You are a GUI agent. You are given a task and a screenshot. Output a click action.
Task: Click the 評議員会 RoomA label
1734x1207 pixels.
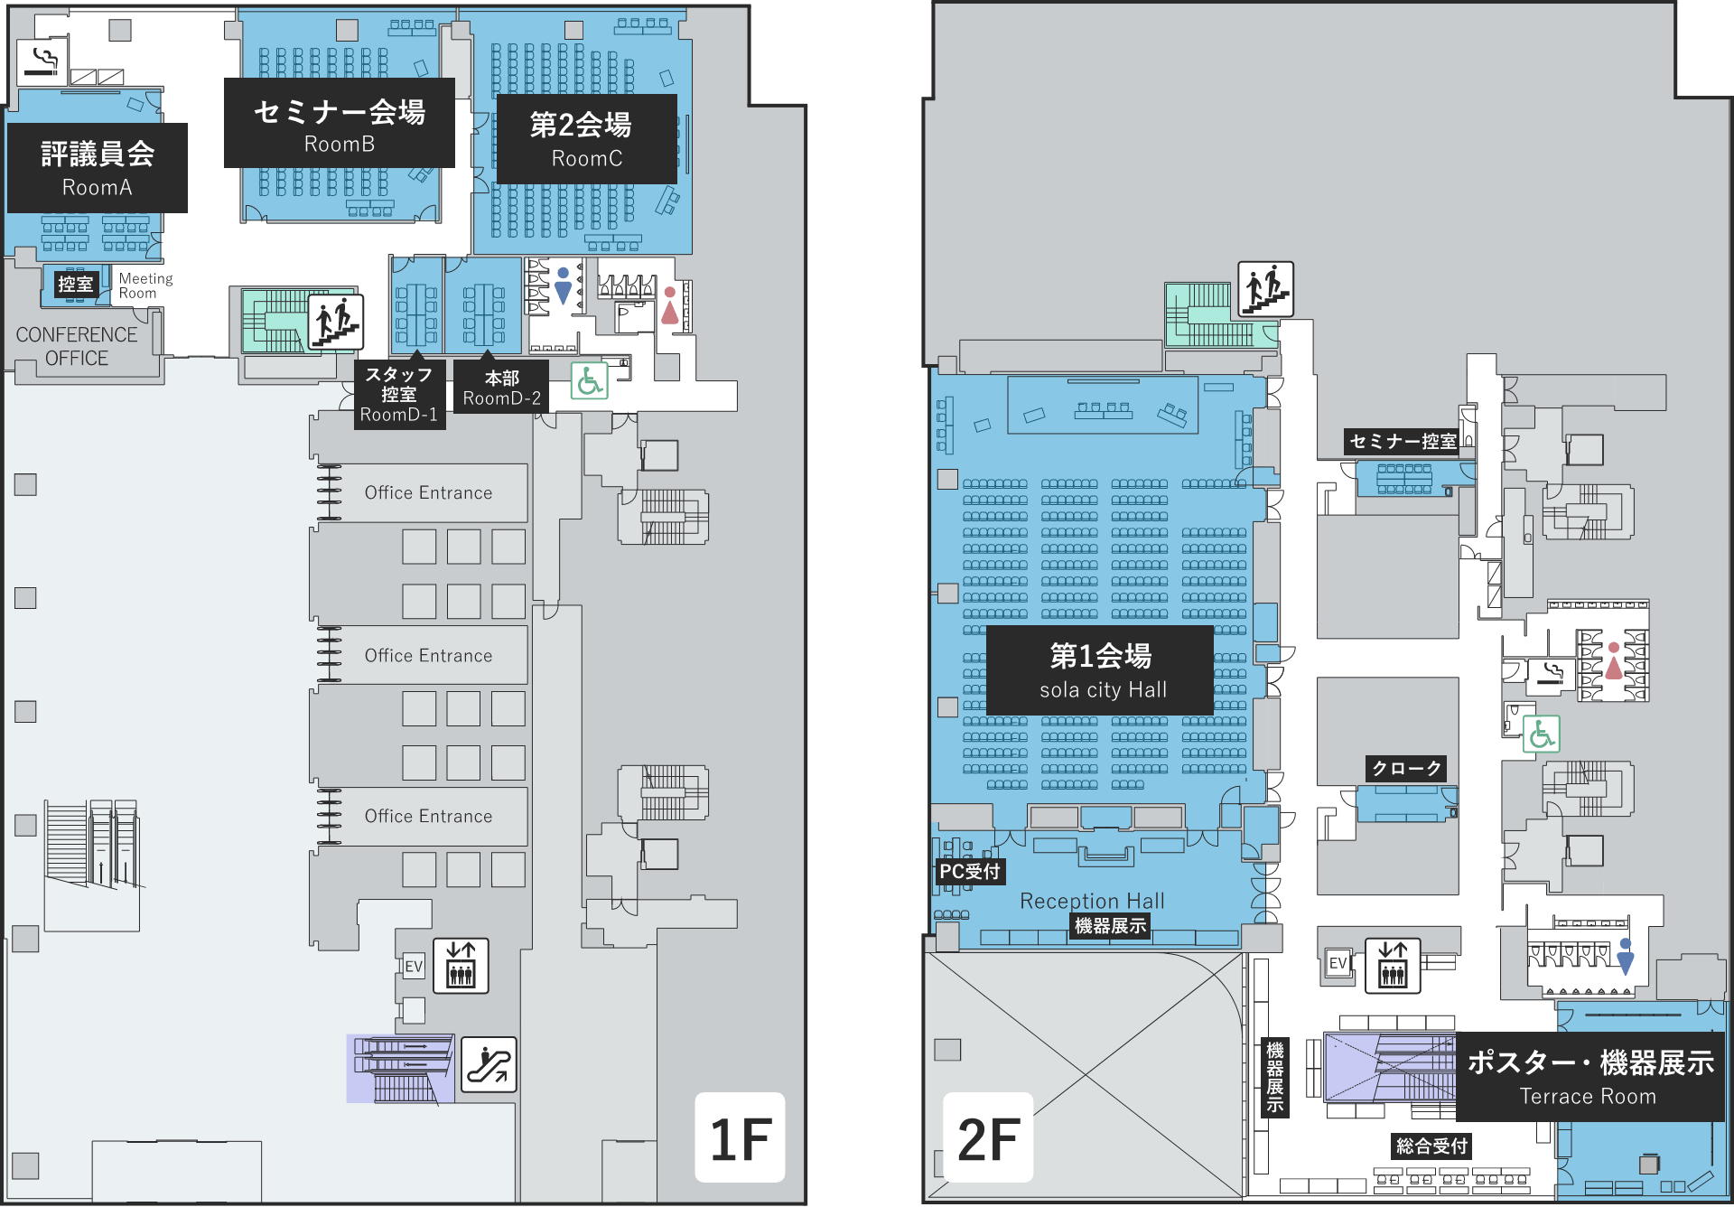98,168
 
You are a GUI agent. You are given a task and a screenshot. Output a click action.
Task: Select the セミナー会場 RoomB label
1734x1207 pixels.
340,123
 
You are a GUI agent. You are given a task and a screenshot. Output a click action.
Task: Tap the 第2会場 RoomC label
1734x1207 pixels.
587,139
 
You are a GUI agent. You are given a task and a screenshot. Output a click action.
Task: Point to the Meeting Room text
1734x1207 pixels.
145,285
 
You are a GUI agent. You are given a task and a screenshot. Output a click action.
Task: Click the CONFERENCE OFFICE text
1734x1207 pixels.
77,346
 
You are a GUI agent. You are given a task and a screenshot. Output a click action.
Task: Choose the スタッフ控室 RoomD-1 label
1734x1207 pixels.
399,395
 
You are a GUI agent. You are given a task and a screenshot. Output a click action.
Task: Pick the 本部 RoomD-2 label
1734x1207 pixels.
501,388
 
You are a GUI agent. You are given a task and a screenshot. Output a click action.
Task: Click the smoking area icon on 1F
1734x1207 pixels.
42,61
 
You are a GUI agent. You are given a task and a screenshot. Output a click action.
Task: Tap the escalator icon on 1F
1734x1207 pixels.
489,1064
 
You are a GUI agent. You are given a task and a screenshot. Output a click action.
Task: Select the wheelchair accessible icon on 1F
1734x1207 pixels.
590,381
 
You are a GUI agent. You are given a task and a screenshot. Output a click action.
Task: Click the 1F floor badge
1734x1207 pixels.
740,1137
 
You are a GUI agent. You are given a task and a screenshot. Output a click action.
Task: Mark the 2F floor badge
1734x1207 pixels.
988,1137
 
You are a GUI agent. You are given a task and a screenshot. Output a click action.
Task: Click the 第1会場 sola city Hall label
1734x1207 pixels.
1100,670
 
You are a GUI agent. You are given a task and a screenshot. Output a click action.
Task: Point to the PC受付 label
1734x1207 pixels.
970,871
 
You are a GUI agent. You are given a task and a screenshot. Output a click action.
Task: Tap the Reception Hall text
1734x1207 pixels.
1092,901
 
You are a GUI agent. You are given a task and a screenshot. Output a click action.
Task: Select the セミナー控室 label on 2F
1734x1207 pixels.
1402,441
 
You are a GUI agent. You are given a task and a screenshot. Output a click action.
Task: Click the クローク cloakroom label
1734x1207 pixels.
1406,768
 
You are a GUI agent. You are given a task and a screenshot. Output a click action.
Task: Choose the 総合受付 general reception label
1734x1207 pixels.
1431,1146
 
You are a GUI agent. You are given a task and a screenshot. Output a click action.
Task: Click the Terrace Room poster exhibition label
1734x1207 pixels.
1590,1077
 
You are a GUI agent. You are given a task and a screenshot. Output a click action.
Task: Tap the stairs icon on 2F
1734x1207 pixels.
1265,289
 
